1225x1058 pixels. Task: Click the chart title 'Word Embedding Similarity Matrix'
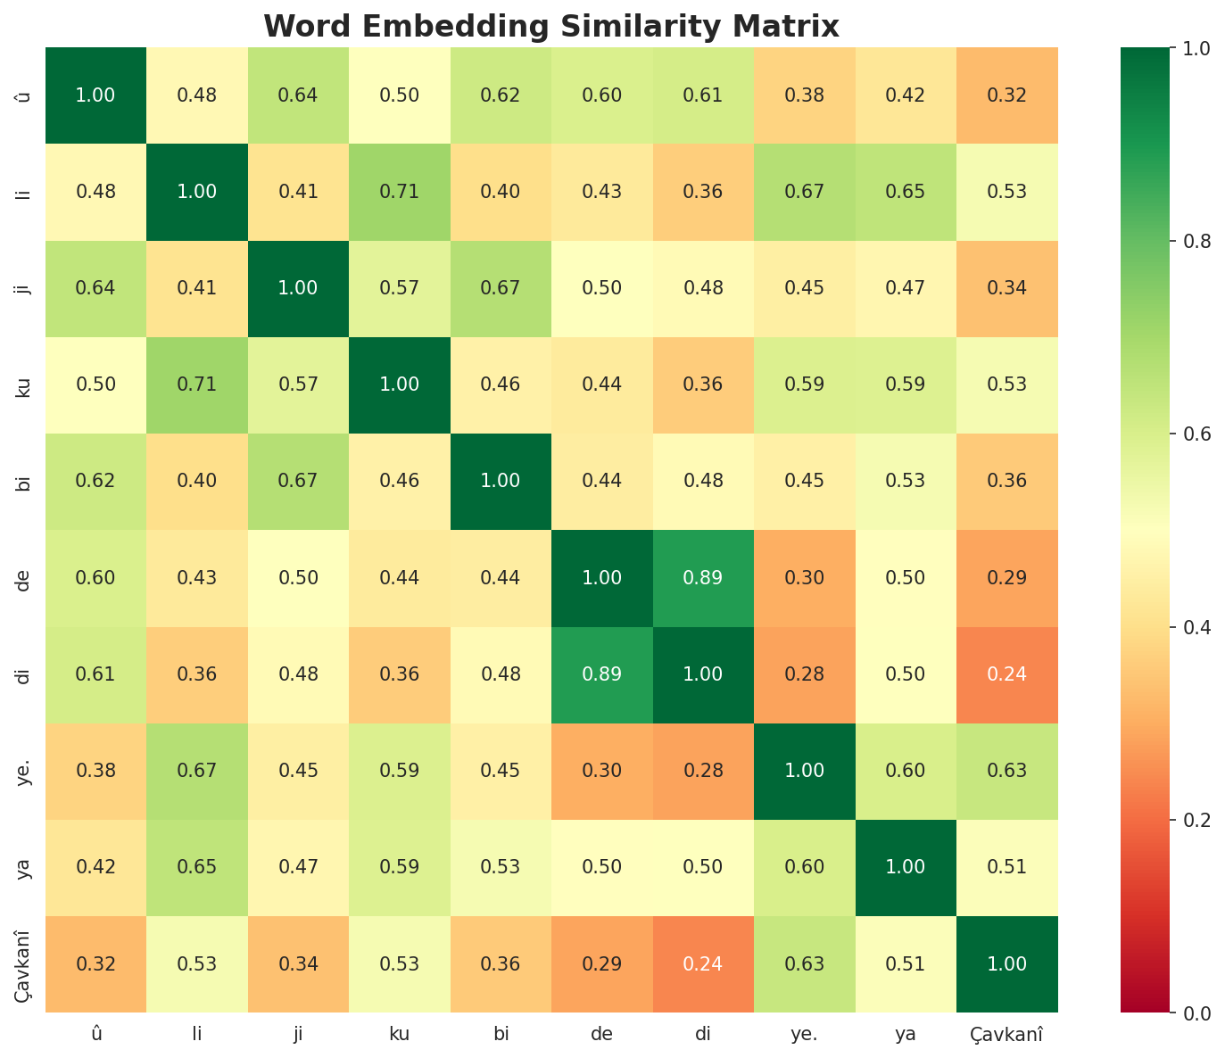tap(551, 27)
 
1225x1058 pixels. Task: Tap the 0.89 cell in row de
tap(703, 577)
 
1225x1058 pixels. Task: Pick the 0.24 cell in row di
tap(1007, 674)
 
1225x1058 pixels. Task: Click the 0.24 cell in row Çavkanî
tap(703, 964)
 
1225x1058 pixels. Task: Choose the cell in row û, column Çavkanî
tap(1007, 95)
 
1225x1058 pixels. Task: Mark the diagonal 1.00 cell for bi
tap(501, 481)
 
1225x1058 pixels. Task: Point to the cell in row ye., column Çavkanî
tap(1007, 771)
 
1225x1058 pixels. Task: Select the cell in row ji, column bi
tap(501, 288)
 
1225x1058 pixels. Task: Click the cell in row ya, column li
tap(197, 867)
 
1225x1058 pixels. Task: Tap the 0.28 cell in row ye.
tap(703, 771)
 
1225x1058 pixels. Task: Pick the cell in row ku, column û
tap(95, 384)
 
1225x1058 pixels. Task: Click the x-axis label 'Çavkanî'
tap(1007, 1035)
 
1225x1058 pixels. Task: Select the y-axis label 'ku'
tap(25, 384)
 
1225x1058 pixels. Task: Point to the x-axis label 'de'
tap(602, 1035)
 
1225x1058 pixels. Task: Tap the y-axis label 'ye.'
tap(25, 771)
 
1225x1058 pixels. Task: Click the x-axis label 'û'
tap(95, 1035)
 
